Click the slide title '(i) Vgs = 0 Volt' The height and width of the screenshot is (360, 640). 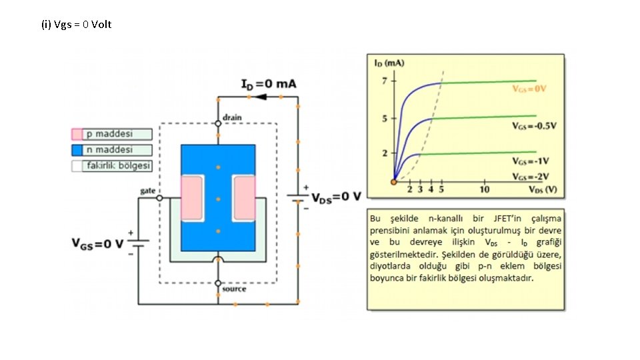click(x=76, y=25)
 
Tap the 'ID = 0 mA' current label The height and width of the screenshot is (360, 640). click(x=269, y=84)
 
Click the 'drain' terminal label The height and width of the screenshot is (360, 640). click(x=232, y=117)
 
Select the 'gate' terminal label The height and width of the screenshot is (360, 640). click(x=147, y=191)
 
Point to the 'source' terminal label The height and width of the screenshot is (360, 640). click(x=234, y=289)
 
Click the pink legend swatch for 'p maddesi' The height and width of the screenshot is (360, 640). click(x=77, y=134)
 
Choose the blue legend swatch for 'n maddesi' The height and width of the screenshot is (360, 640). click(x=77, y=150)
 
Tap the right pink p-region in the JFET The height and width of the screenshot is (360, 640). click(x=243, y=198)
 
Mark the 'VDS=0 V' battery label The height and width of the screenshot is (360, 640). click(x=337, y=197)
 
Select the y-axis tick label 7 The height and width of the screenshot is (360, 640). click(x=384, y=81)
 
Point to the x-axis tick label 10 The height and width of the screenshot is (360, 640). click(x=485, y=189)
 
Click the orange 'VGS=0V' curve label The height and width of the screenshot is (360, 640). click(x=529, y=89)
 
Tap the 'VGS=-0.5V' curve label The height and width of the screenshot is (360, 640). click(x=533, y=125)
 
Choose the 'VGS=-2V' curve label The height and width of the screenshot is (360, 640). click(x=531, y=176)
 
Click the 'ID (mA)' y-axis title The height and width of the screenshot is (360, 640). click(x=389, y=63)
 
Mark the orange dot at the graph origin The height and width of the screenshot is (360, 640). click(x=394, y=181)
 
